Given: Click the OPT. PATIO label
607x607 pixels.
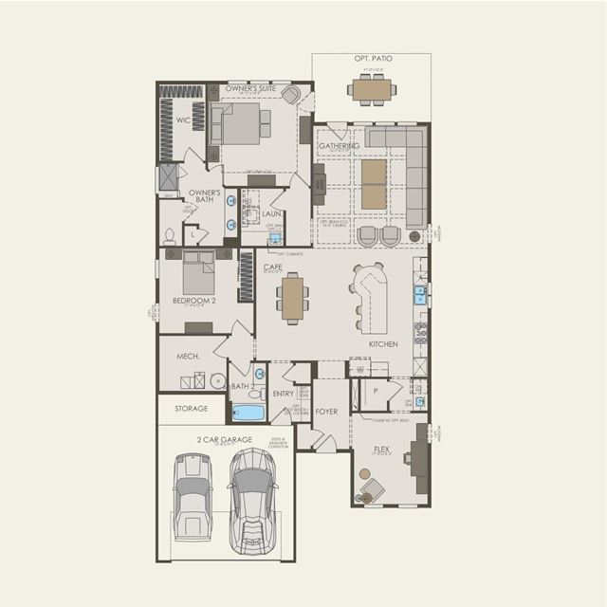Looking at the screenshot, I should [373, 59].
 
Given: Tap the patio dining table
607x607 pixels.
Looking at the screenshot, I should [372, 89].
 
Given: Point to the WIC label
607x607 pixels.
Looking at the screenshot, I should [183, 120].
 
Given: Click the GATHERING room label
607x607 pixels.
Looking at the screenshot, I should [339, 146].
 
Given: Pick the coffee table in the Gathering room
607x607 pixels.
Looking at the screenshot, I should [375, 183].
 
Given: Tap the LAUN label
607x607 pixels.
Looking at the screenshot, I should [271, 214].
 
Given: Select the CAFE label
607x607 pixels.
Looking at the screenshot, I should [273, 267].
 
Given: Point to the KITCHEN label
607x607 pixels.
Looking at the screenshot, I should [383, 343].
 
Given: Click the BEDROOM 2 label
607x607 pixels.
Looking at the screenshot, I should [190, 301].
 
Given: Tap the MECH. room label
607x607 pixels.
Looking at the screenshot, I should [186, 356].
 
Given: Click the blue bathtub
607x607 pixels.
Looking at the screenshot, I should [248, 413].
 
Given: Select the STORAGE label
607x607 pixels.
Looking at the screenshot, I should [191, 409].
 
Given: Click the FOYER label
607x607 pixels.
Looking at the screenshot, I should [326, 412].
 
